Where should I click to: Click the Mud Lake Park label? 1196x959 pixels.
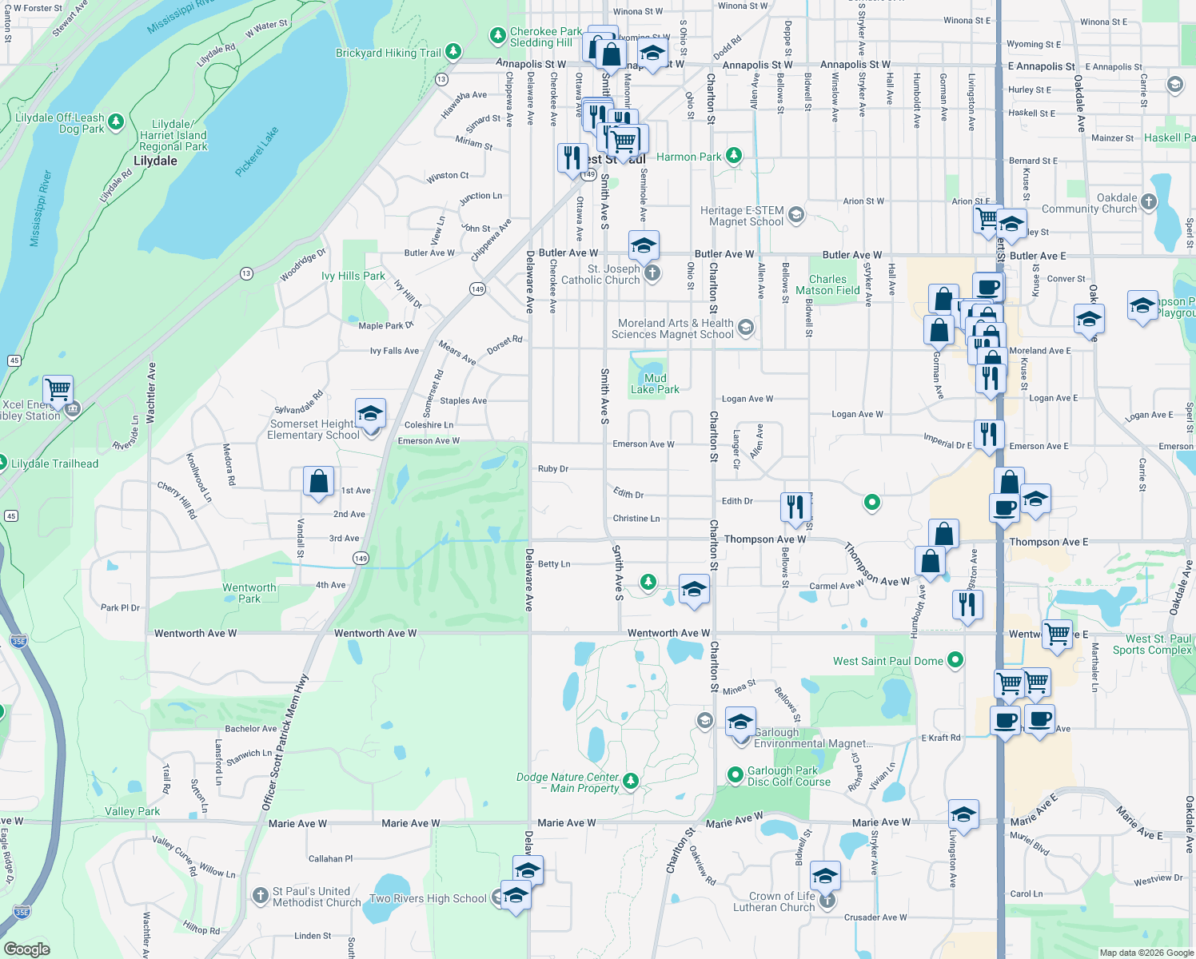pos(655,384)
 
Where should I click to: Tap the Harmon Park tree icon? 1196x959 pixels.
pos(734,156)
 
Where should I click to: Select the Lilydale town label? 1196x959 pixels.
pos(155,161)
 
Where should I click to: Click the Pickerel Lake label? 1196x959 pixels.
pos(257,151)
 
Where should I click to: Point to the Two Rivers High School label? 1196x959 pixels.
pos(428,898)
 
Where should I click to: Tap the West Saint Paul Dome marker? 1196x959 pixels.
pos(955,660)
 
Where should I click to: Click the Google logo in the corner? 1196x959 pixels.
pos(26,949)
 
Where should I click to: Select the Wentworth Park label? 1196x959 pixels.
pos(249,593)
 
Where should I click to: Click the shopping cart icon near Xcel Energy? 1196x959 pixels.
pos(58,390)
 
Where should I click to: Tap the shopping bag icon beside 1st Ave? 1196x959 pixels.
pos(318,481)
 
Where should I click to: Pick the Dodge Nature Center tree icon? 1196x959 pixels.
pos(631,780)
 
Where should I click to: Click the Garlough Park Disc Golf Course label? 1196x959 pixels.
pos(788,776)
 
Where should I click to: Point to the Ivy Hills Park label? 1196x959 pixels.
pos(353,276)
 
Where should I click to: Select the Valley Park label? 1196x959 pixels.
pos(133,811)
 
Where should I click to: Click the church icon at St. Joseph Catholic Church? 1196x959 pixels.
pos(652,273)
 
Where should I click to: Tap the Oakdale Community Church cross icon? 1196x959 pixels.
pos(1149,202)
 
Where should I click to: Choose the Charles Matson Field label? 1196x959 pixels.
pos(827,285)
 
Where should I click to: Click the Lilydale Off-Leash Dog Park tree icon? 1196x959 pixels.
pos(116,121)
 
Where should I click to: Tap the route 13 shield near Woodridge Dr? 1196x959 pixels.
pos(246,273)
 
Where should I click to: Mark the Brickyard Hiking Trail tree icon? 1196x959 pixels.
pos(453,52)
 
